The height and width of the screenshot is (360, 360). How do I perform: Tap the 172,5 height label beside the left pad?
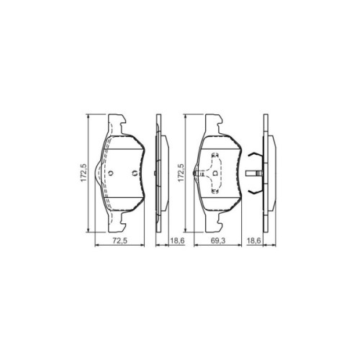click(84, 174)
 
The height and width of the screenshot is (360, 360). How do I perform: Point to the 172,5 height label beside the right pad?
click(181, 174)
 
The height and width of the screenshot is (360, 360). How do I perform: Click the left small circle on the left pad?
click(113, 173)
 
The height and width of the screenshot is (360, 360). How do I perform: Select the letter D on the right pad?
click(215, 173)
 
